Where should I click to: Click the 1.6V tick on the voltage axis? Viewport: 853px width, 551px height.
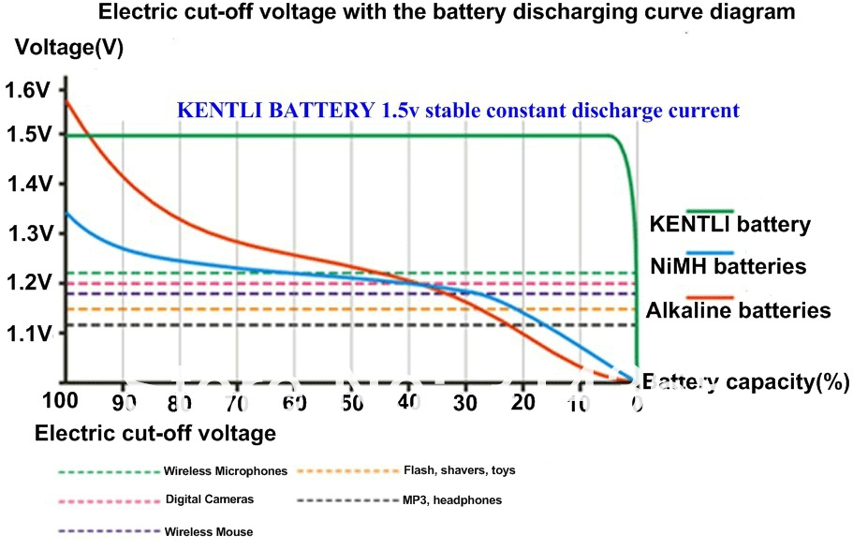click(27, 91)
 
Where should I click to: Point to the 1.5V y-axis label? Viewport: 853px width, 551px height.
click(27, 135)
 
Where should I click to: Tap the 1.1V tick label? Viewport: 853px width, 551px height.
click(27, 333)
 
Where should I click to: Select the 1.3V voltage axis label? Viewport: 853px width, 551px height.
click(27, 232)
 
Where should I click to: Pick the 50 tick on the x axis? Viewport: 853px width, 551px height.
click(351, 403)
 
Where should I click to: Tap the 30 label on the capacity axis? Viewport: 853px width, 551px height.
click(465, 403)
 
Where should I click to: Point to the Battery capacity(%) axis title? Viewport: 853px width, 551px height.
click(745, 381)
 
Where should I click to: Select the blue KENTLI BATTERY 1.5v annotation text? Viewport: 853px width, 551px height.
click(458, 110)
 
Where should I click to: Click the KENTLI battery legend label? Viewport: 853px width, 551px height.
click(729, 225)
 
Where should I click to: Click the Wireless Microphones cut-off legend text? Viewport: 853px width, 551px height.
click(226, 470)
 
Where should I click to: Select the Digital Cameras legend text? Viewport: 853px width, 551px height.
click(210, 499)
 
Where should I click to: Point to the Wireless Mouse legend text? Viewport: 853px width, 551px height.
click(209, 531)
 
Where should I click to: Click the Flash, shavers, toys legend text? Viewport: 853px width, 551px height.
click(459, 469)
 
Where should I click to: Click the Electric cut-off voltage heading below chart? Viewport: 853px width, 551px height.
click(154, 433)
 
